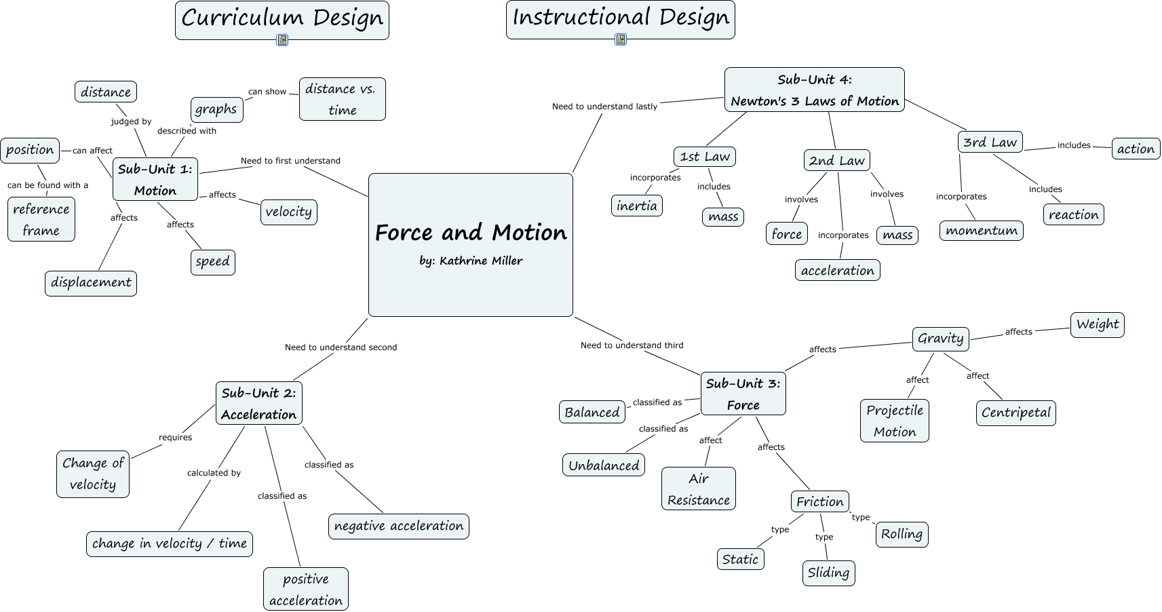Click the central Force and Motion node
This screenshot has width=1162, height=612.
470,233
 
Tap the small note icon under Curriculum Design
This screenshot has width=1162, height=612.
282,40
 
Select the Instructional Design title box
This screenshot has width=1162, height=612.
620,19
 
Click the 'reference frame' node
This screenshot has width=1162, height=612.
41,219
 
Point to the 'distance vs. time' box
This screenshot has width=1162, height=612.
342,99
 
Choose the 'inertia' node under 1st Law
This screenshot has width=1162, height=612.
636,206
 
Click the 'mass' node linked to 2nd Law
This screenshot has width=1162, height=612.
897,235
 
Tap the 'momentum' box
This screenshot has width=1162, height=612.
981,231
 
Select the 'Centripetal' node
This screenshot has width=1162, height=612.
1015,413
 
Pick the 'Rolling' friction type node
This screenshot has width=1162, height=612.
902,534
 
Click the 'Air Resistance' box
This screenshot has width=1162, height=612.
698,489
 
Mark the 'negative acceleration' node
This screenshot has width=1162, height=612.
398,526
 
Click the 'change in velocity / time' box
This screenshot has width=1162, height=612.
169,543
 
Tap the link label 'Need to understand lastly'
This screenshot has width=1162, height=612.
604,107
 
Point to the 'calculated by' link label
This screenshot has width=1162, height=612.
214,473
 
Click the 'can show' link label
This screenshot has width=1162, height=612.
267,92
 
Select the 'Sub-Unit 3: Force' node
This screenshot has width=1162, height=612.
743,394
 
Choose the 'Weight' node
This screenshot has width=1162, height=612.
1097,324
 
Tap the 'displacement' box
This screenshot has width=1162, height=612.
91,283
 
